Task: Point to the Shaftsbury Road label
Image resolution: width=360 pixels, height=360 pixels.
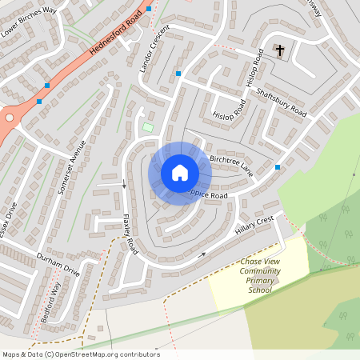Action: (282, 101)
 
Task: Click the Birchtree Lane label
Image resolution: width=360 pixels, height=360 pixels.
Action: (230, 166)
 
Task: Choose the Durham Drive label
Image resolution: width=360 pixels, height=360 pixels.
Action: (58, 264)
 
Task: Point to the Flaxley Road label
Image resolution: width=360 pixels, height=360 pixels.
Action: (130, 234)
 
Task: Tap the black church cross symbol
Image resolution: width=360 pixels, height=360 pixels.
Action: (280, 51)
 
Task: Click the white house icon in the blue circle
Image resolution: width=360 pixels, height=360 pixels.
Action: (180, 173)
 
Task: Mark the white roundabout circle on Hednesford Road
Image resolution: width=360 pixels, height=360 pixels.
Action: (9, 118)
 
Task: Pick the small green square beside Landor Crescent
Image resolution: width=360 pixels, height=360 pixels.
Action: (146, 127)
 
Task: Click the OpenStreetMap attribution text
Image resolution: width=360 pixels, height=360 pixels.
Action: (80, 354)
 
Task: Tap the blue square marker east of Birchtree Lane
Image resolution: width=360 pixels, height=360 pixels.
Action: (278, 166)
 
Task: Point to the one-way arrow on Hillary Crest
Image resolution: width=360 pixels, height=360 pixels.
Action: (202, 255)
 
